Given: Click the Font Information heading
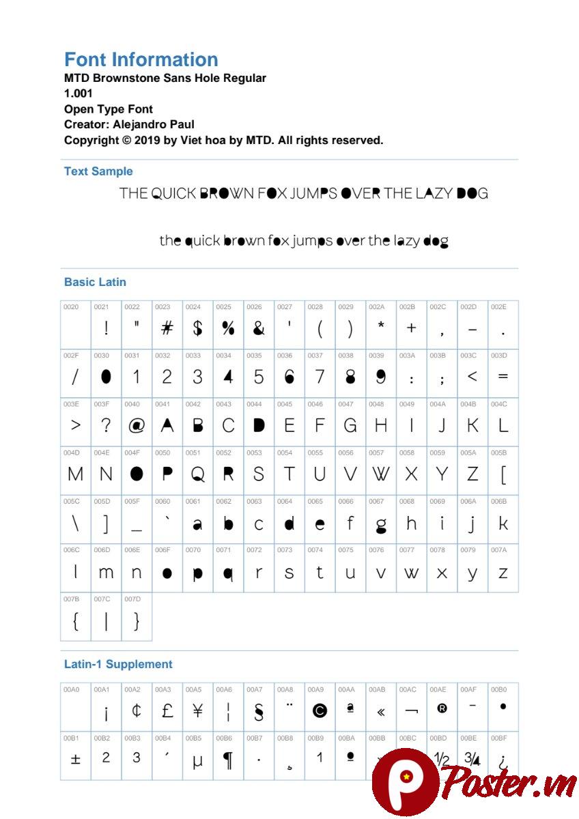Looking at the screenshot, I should (141, 59).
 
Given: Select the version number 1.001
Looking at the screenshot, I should (78, 94).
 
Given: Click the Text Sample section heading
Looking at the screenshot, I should (98, 171).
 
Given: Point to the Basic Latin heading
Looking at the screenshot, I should (95, 282).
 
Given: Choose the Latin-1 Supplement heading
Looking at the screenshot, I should (118, 664).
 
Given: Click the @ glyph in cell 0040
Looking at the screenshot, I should (137, 425).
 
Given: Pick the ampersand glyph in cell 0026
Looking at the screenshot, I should (258, 328).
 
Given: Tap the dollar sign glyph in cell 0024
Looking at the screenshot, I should (197, 328).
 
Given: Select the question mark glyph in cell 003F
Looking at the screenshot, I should (106, 425).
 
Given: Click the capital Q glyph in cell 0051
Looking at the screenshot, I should (197, 474).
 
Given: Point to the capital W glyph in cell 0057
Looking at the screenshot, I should (380, 474).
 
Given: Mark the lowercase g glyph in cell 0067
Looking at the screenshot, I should (380, 525).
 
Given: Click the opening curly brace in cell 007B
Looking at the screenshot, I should (76, 620).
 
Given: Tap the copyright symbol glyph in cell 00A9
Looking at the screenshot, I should (320, 710).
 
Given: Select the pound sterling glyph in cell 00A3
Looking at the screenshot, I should (167, 710).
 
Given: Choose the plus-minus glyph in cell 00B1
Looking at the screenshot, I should (76, 759).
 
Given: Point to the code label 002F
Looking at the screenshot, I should (71, 356).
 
